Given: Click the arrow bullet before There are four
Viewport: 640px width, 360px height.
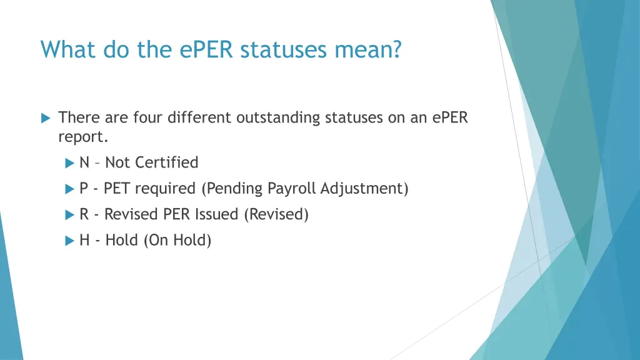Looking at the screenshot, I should tap(45, 117).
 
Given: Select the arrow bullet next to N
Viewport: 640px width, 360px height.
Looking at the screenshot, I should tap(69, 163).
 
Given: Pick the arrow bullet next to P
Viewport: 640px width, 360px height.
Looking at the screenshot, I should tap(69, 189).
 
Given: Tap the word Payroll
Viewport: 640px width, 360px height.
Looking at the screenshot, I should tap(292, 189).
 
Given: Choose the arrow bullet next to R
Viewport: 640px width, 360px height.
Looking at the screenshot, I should tap(69, 215).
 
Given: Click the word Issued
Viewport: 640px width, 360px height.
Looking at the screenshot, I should tap(216, 214).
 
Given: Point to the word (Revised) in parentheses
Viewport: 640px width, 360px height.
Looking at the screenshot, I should tap(276, 214).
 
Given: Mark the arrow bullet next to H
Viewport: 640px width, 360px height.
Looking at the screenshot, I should tap(69, 241).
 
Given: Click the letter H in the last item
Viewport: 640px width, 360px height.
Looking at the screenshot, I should tap(84, 241).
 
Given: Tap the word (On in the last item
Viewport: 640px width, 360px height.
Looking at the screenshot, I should tap(156, 241).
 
